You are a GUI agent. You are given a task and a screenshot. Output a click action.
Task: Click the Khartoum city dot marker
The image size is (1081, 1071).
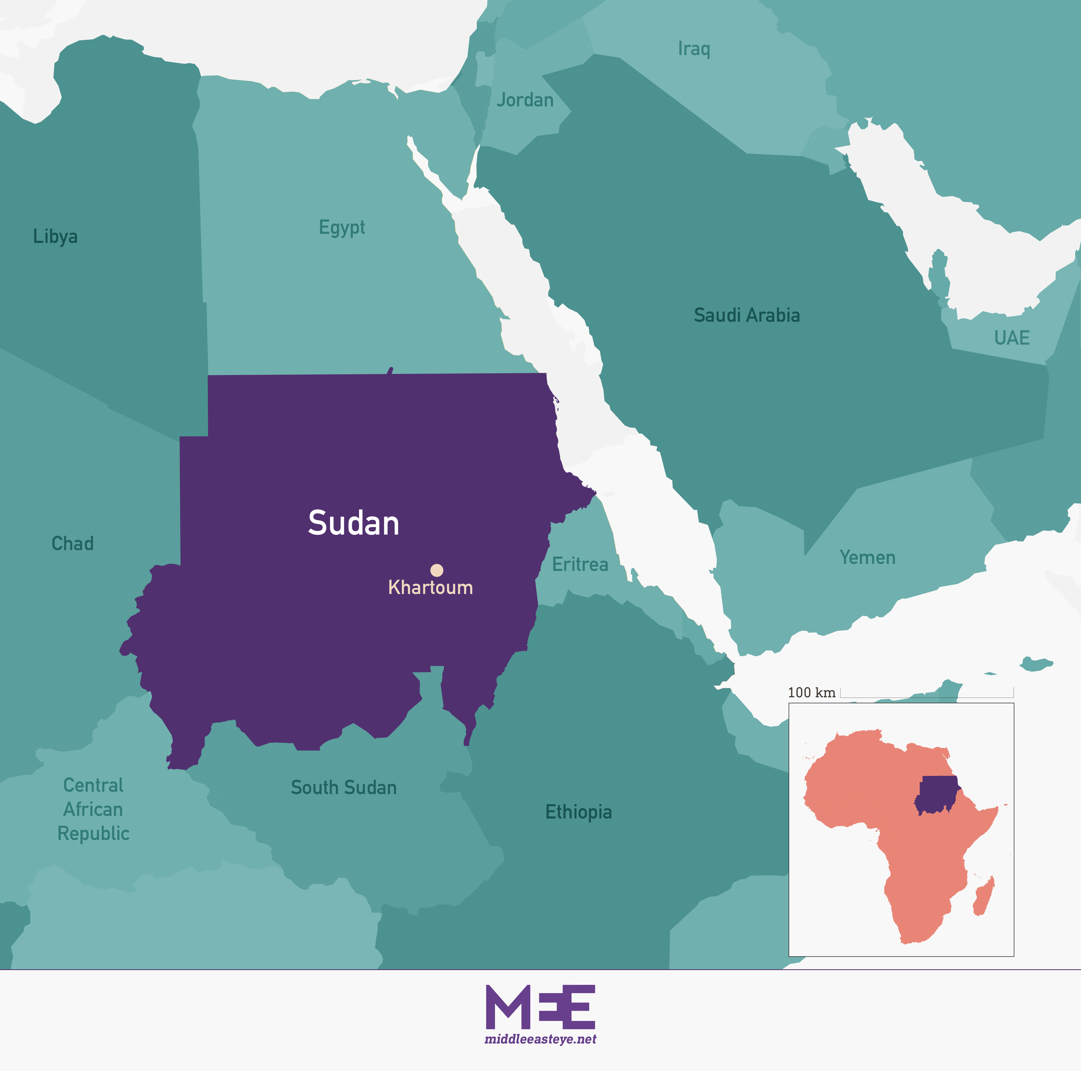point(436,570)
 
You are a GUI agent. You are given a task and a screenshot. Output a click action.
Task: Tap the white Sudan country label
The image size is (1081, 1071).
point(354,523)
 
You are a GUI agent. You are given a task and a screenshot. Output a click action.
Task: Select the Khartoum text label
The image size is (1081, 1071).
point(430,587)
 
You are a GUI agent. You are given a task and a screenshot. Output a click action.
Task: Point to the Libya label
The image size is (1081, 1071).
point(56,236)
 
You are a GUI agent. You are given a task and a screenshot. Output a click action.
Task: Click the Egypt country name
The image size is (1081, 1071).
point(342,227)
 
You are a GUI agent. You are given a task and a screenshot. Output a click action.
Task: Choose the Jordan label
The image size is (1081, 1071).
point(525,100)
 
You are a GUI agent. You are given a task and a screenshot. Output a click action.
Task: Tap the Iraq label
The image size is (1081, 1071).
point(694,49)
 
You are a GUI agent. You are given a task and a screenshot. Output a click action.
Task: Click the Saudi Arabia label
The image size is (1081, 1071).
point(746,315)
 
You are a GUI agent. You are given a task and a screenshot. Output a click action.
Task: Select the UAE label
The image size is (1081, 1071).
point(1012,338)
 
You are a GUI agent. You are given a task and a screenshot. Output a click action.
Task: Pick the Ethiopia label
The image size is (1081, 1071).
point(579,812)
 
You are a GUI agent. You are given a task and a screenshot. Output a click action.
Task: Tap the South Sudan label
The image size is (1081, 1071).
point(343,787)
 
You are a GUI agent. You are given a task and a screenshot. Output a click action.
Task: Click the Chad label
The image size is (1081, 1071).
point(73,543)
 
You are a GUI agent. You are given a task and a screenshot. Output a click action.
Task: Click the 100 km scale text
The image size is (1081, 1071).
point(811,693)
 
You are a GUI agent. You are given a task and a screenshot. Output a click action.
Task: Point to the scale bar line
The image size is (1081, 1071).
point(927,697)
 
